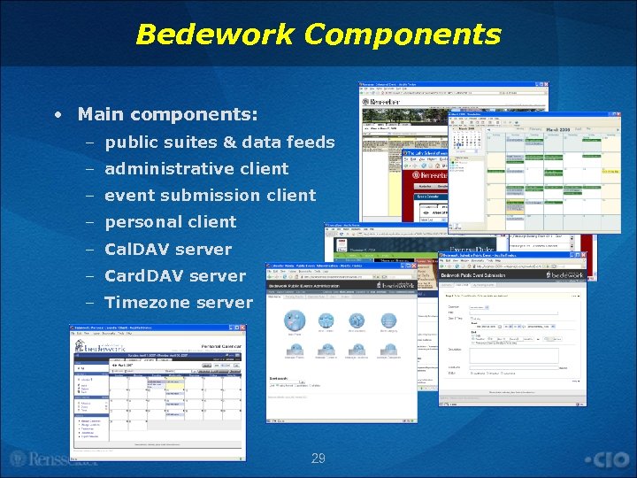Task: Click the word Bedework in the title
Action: pos(215,35)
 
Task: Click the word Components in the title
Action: pos(403,35)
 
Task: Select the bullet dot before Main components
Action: pos(58,115)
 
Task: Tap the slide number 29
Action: pos(318,459)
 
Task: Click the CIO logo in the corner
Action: pos(609,459)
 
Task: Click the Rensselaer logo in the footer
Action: pos(53,459)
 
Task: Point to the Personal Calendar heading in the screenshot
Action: pos(221,346)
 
